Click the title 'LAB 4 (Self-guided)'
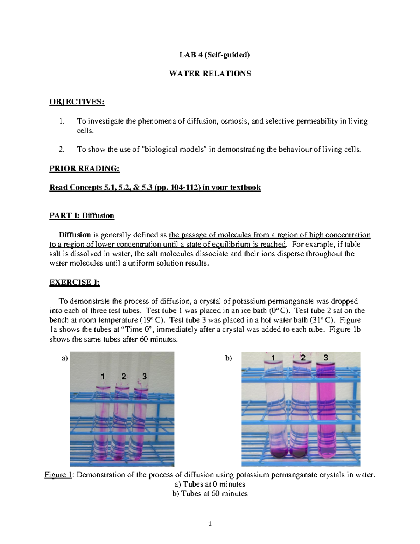[210, 55]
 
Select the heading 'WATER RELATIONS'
[210, 74]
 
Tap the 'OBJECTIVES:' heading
[77, 102]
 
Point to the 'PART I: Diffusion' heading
[82, 215]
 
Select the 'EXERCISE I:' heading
[75, 283]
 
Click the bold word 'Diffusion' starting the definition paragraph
[75, 235]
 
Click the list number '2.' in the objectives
[62, 150]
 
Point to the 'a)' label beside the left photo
[64, 358]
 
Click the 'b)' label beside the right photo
[229, 358]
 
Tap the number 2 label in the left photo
[124, 377]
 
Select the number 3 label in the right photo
[326, 358]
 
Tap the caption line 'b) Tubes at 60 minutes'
[210, 494]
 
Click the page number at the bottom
[210, 524]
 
